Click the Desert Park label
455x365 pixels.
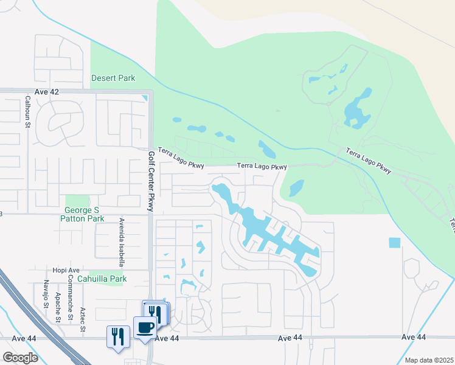tap(113, 78)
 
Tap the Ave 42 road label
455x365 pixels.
tap(46, 91)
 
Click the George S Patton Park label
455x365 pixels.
tap(85, 214)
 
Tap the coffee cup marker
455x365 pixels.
tap(145, 328)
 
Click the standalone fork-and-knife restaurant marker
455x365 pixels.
tap(118, 337)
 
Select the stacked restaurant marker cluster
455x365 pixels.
tap(157, 313)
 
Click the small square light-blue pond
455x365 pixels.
tap(395, 243)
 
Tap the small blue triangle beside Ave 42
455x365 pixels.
tap(145, 98)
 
